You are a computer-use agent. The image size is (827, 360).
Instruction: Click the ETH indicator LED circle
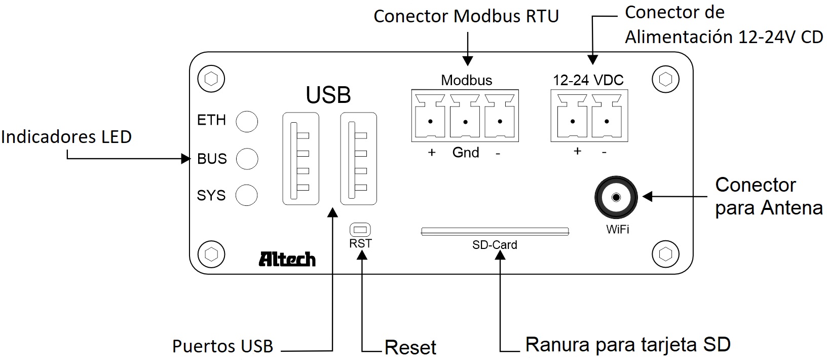point(247,121)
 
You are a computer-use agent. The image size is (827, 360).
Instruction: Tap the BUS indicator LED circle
point(247,159)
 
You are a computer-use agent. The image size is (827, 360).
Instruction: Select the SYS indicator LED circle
point(247,195)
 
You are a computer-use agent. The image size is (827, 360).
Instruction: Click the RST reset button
point(360,229)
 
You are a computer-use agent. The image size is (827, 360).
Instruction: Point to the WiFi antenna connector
point(616,198)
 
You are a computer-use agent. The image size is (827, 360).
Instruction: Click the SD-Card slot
point(495,232)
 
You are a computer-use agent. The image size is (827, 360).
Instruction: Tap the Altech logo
point(287,259)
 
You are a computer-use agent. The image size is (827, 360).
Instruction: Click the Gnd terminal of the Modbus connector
point(465,121)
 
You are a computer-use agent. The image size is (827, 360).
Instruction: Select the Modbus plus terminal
point(430,121)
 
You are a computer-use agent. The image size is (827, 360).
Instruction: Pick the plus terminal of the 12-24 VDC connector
point(573,121)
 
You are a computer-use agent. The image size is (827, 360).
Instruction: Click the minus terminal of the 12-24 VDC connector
point(607,121)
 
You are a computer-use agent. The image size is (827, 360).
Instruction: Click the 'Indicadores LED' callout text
point(66,137)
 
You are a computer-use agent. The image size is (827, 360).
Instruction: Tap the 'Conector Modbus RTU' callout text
point(466,16)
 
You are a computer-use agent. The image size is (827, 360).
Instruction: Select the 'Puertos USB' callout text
point(222,346)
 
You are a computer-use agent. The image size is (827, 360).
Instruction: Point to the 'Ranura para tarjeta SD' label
point(628,345)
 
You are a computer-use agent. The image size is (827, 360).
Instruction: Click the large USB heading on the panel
point(328,95)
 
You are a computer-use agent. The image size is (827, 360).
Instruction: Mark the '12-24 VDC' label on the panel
point(588,80)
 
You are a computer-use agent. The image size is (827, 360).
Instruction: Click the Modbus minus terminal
point(500,121)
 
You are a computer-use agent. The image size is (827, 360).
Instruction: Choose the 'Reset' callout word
point(410,347)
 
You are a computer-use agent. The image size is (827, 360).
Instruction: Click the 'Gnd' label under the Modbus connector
point(466,153)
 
